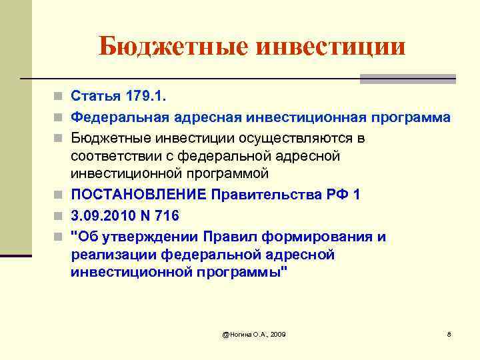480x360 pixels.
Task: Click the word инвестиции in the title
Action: click(330, 46)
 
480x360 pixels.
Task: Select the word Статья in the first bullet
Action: click(94, 98)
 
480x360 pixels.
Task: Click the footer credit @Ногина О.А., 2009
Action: click(254, 333)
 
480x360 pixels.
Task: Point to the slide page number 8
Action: click(449, 333)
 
